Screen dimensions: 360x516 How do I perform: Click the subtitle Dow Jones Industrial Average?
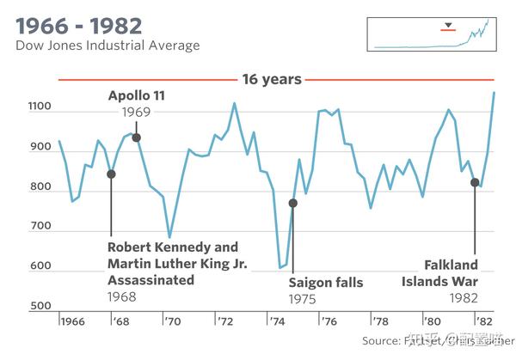(107, 45)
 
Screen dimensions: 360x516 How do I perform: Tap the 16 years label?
(272, 80)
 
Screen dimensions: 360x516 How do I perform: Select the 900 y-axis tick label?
(41, 148)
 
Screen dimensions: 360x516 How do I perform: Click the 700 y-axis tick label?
(41, 228)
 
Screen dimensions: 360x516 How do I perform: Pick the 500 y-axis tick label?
(41, 307)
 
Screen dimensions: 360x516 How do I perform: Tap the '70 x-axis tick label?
(173, 321)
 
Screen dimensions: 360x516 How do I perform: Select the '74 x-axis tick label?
(277, 321)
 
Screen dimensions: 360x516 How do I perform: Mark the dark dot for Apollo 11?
(136, 137)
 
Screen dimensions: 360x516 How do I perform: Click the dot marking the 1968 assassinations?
(111, 174)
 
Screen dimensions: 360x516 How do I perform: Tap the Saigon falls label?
(326, 283)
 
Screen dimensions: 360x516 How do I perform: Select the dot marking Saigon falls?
(292, 203)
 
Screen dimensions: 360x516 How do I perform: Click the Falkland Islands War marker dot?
(474, 182)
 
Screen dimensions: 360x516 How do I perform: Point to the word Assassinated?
(150, 279)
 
